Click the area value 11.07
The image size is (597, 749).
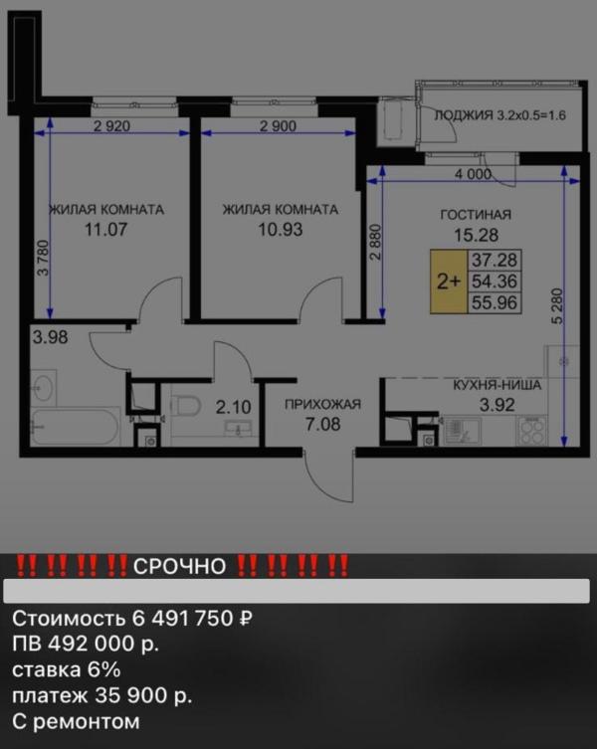(x=106, y=230)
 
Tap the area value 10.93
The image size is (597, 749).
(x=281, y=230)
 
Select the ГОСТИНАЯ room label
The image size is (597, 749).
(x=476, y=215)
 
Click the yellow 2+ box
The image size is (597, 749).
(x=449, y=281)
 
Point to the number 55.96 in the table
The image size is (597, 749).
(x=495, y=302)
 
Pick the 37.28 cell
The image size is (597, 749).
(x=495, y=260)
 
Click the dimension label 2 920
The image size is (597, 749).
(x=111, y=126)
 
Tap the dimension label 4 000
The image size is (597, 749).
(x=473, y=174)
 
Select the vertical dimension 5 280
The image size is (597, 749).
(x=557, y=306)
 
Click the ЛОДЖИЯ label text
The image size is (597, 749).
(x=463, y=115)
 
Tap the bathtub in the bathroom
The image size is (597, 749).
(x=75, y=426)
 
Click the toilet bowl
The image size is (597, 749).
(x=185, y=407)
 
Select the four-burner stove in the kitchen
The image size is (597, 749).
(x=531, y=431)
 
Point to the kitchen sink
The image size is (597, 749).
(x=463, y=431)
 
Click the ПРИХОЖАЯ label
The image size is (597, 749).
(x=322, y=405)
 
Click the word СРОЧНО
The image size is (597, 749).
(x=179, y=567)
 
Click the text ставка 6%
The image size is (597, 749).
(x=66, y=669)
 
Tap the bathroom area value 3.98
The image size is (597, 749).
(x=50, y=337)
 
